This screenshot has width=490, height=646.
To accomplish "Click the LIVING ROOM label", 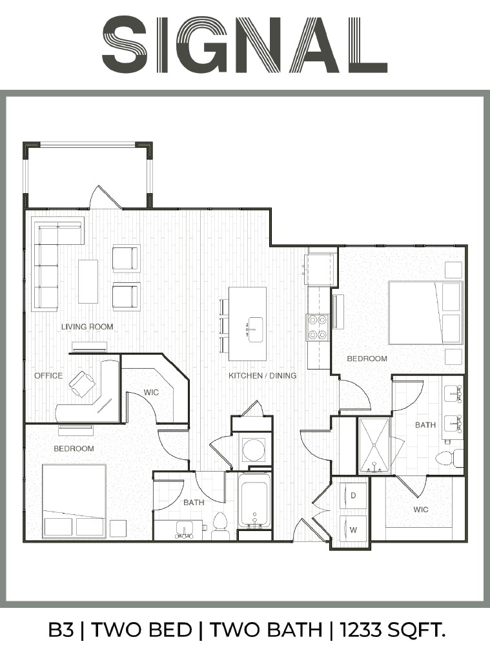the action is (x=87, y=327).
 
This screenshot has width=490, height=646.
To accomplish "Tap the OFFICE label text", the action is (x=48, y=376).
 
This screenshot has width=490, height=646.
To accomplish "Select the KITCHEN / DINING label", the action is (x=262, y=376).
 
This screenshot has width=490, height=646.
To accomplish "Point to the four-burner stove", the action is (x=316, y=328).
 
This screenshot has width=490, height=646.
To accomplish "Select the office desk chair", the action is (x=81, y=384).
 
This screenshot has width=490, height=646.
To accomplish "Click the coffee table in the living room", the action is (x=88, y=282).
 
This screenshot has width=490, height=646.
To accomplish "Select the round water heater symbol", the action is (x=253, y=450).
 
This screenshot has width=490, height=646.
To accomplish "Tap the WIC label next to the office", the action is (x=151, y=393).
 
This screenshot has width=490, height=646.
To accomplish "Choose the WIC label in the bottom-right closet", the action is (x=421, y=510).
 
